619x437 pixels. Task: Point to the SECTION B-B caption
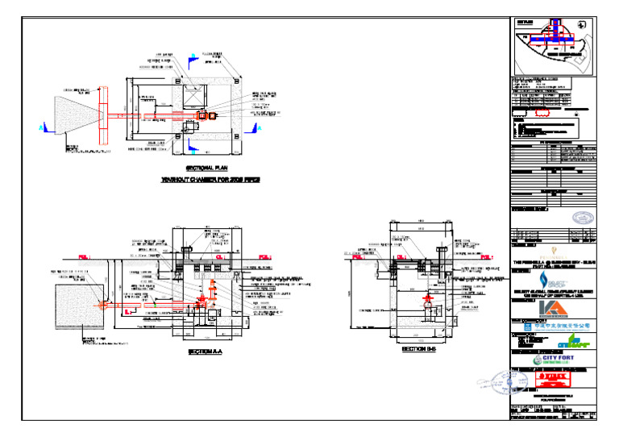coord(418,350)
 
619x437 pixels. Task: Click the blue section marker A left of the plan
coord(41,127)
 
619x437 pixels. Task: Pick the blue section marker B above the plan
coord(193,58)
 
